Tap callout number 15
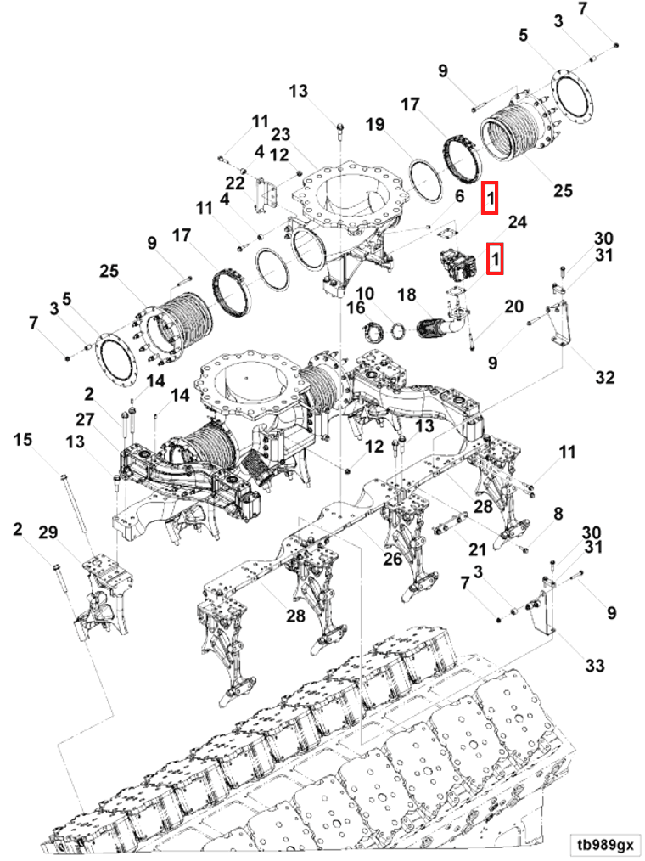(23, 439)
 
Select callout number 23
(281, 133)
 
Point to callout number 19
(375, 126)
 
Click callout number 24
(518, 222)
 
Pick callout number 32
(604, 377)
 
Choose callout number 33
(595, 666)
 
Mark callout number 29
(48, 532)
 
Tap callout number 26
(392, 559)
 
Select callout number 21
(479, 550)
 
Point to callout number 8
(558, 513)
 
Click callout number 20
(513, 306)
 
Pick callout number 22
(235, 183)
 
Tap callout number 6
(460, 196)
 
